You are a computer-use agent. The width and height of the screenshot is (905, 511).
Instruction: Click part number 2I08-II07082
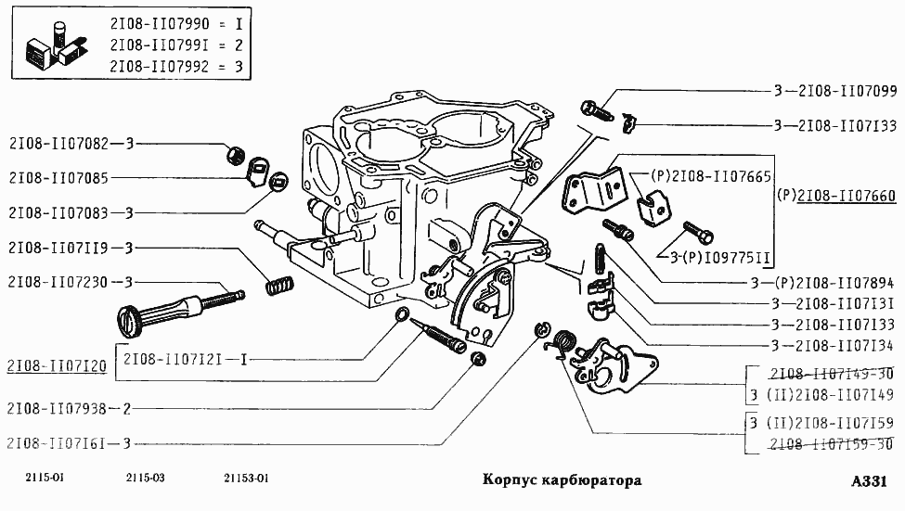(58, 144)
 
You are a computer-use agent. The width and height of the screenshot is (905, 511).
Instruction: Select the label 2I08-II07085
(58, 177)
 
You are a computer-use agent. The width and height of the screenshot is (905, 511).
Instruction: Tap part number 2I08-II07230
(58, 282)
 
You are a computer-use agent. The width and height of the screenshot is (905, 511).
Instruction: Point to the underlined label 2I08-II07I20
(56, 366)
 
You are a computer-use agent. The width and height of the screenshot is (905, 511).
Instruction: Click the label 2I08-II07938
(58, 408)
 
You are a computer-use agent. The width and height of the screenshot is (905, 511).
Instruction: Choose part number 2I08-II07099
(846, 91)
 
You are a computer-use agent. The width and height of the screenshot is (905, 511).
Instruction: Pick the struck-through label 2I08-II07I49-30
(832, 374)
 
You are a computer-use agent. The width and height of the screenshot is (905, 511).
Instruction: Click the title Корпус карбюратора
(562, 481)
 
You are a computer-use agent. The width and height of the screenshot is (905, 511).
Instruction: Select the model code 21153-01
(247, 479)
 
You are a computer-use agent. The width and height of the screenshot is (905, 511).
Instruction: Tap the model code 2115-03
(145, 479)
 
